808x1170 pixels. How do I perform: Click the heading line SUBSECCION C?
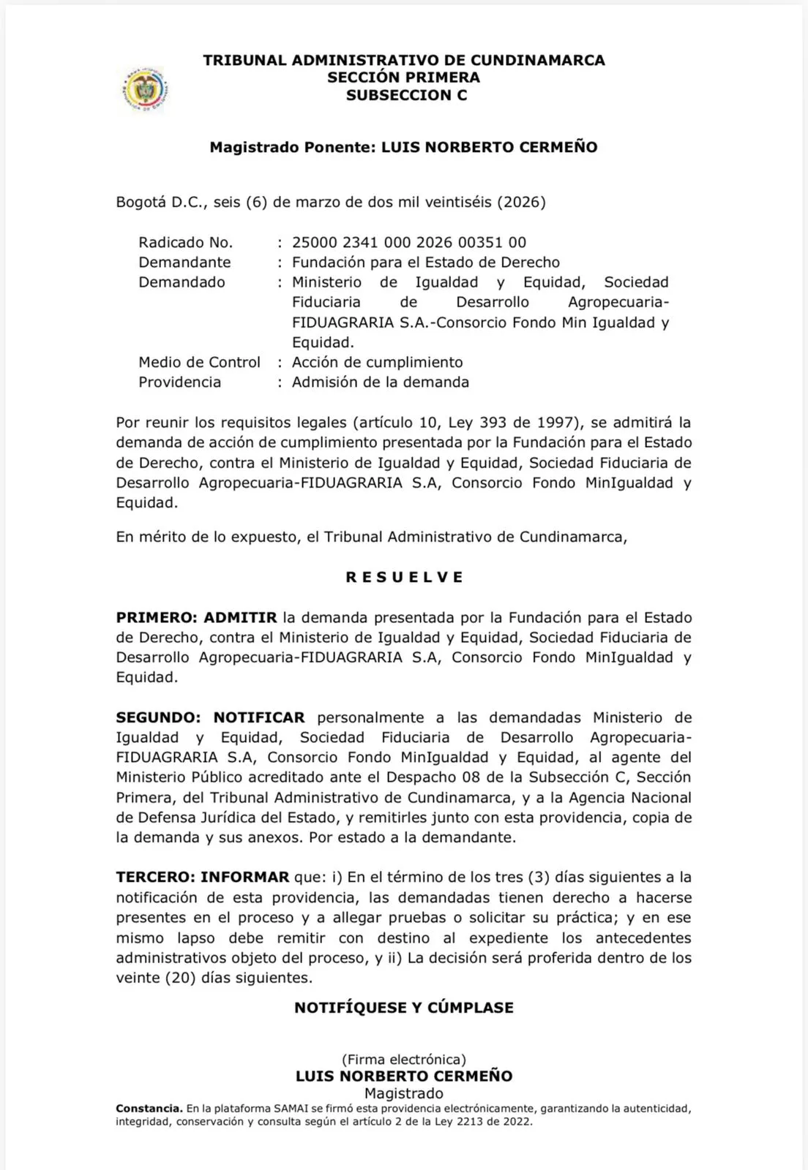406,95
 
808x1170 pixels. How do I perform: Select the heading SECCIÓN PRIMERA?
403,78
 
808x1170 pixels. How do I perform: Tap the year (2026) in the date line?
521,202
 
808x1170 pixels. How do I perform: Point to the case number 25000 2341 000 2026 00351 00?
408,242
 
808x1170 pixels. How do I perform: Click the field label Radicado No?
185,242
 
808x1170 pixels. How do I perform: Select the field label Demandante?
184,262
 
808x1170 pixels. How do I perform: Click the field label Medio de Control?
199,362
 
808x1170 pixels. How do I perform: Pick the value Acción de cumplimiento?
377,362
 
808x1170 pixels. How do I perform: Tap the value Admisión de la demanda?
380,382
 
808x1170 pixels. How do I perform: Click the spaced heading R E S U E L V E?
404,577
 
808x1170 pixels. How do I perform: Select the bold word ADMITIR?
240,617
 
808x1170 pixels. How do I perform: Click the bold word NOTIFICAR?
259,717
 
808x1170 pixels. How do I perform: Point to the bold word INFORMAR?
244,877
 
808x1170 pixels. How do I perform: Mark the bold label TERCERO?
155,877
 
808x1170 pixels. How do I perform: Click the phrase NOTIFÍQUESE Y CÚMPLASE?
404,1008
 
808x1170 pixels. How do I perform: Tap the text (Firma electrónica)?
404,1059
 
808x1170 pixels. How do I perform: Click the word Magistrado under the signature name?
404,1093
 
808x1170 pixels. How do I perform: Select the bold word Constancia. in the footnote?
149,1109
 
